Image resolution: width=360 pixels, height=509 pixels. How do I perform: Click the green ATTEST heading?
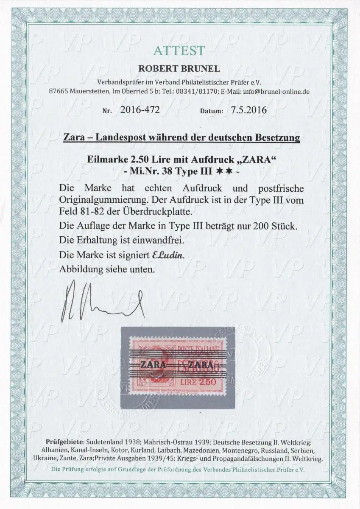pos(179,51)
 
